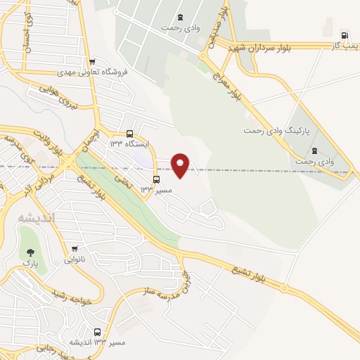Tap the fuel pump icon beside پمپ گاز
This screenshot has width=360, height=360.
pyautogui.click(x=344, y=35)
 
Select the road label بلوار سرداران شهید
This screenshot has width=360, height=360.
pyautogui.click(x=274, y=47)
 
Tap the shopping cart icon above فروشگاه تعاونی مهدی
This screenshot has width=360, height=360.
pyautogui.click(x=91, y=62)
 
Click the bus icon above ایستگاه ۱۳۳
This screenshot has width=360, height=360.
pyautogui.click(x=129, y=134)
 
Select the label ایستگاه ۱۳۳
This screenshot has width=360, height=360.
pyautogui.click(x=126, y=143)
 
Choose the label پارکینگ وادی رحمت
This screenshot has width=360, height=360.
pyautogui.click(x=278, y=131)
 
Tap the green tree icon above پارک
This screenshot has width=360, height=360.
pyautogui.click(x=30, y=252)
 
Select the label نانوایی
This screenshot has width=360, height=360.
pyautogui.click(x=76, y=259)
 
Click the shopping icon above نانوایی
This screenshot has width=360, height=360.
pyautogui.click(x=75, y=249)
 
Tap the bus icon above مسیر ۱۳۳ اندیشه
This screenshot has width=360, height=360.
pyautogui.click(x=98, y=332)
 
